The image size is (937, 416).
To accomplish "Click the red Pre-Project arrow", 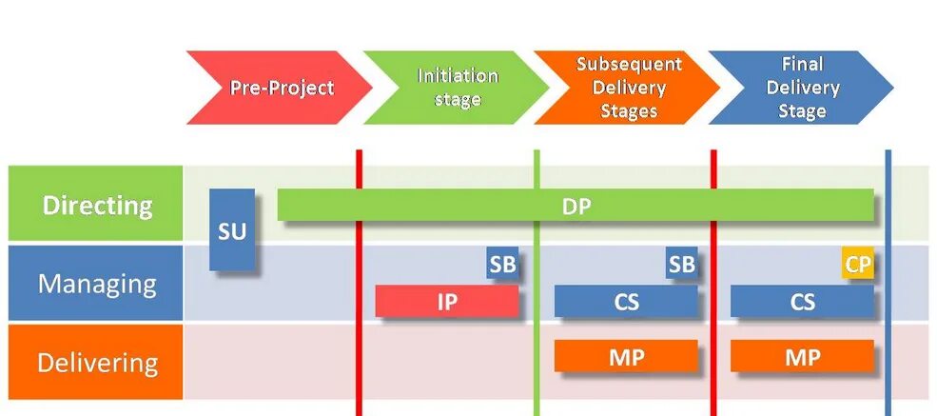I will [x=281, y=88].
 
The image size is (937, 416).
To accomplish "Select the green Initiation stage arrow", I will [x=457, y=88].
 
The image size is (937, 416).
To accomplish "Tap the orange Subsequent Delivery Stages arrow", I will [x=628, y=88].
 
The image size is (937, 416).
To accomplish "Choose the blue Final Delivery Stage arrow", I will [x=801, y=88].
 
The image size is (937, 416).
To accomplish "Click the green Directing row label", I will [x=96, y=205].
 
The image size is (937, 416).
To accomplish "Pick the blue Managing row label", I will [x=96, y=284].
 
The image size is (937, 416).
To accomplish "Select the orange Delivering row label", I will [x=96, y=363].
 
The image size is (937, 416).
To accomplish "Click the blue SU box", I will [x=232, y=229].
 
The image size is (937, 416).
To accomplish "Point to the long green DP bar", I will [x=576, y=206].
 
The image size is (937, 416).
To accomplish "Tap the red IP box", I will [x=447, y=302].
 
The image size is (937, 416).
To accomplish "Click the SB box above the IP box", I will [x=502, y=265].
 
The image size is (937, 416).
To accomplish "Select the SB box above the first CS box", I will [x=681, y=265].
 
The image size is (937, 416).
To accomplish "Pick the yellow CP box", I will [x=858, y=265].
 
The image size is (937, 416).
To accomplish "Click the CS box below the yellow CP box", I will [x=802, y=302].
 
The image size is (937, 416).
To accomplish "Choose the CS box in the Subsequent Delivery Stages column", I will [x=626, y=302].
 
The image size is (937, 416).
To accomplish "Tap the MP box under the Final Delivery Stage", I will [x=802, y=357].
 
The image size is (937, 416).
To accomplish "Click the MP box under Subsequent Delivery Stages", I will [x=626, y=357].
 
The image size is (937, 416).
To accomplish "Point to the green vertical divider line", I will [x=537, y=381].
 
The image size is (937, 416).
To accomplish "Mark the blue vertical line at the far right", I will [x=888, y=381].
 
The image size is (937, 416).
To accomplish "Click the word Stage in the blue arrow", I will [x=802, y=111].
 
